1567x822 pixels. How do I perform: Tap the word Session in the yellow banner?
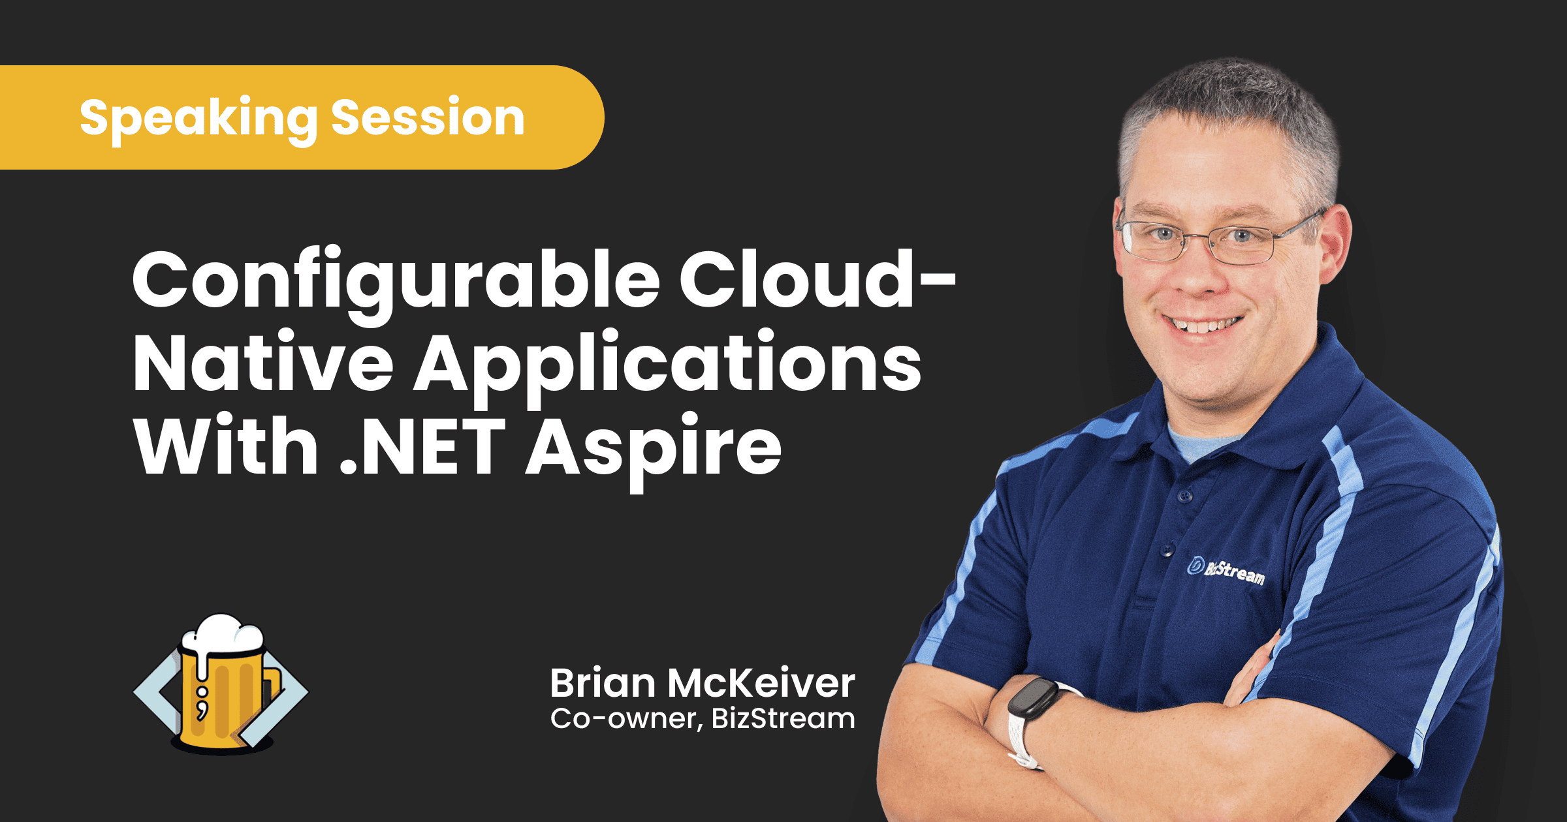coord(428,117)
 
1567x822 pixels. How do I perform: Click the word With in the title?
coord(226,444)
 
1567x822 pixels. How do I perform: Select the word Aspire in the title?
coord(654,451)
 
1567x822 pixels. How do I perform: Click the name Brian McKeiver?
coord(703,683)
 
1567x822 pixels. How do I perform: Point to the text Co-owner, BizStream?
coord(703,719)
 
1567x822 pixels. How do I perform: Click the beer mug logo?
coord(221,684)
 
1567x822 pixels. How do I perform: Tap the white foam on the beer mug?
coord(222,636)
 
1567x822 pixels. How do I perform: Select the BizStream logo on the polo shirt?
coord(1226,571)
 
